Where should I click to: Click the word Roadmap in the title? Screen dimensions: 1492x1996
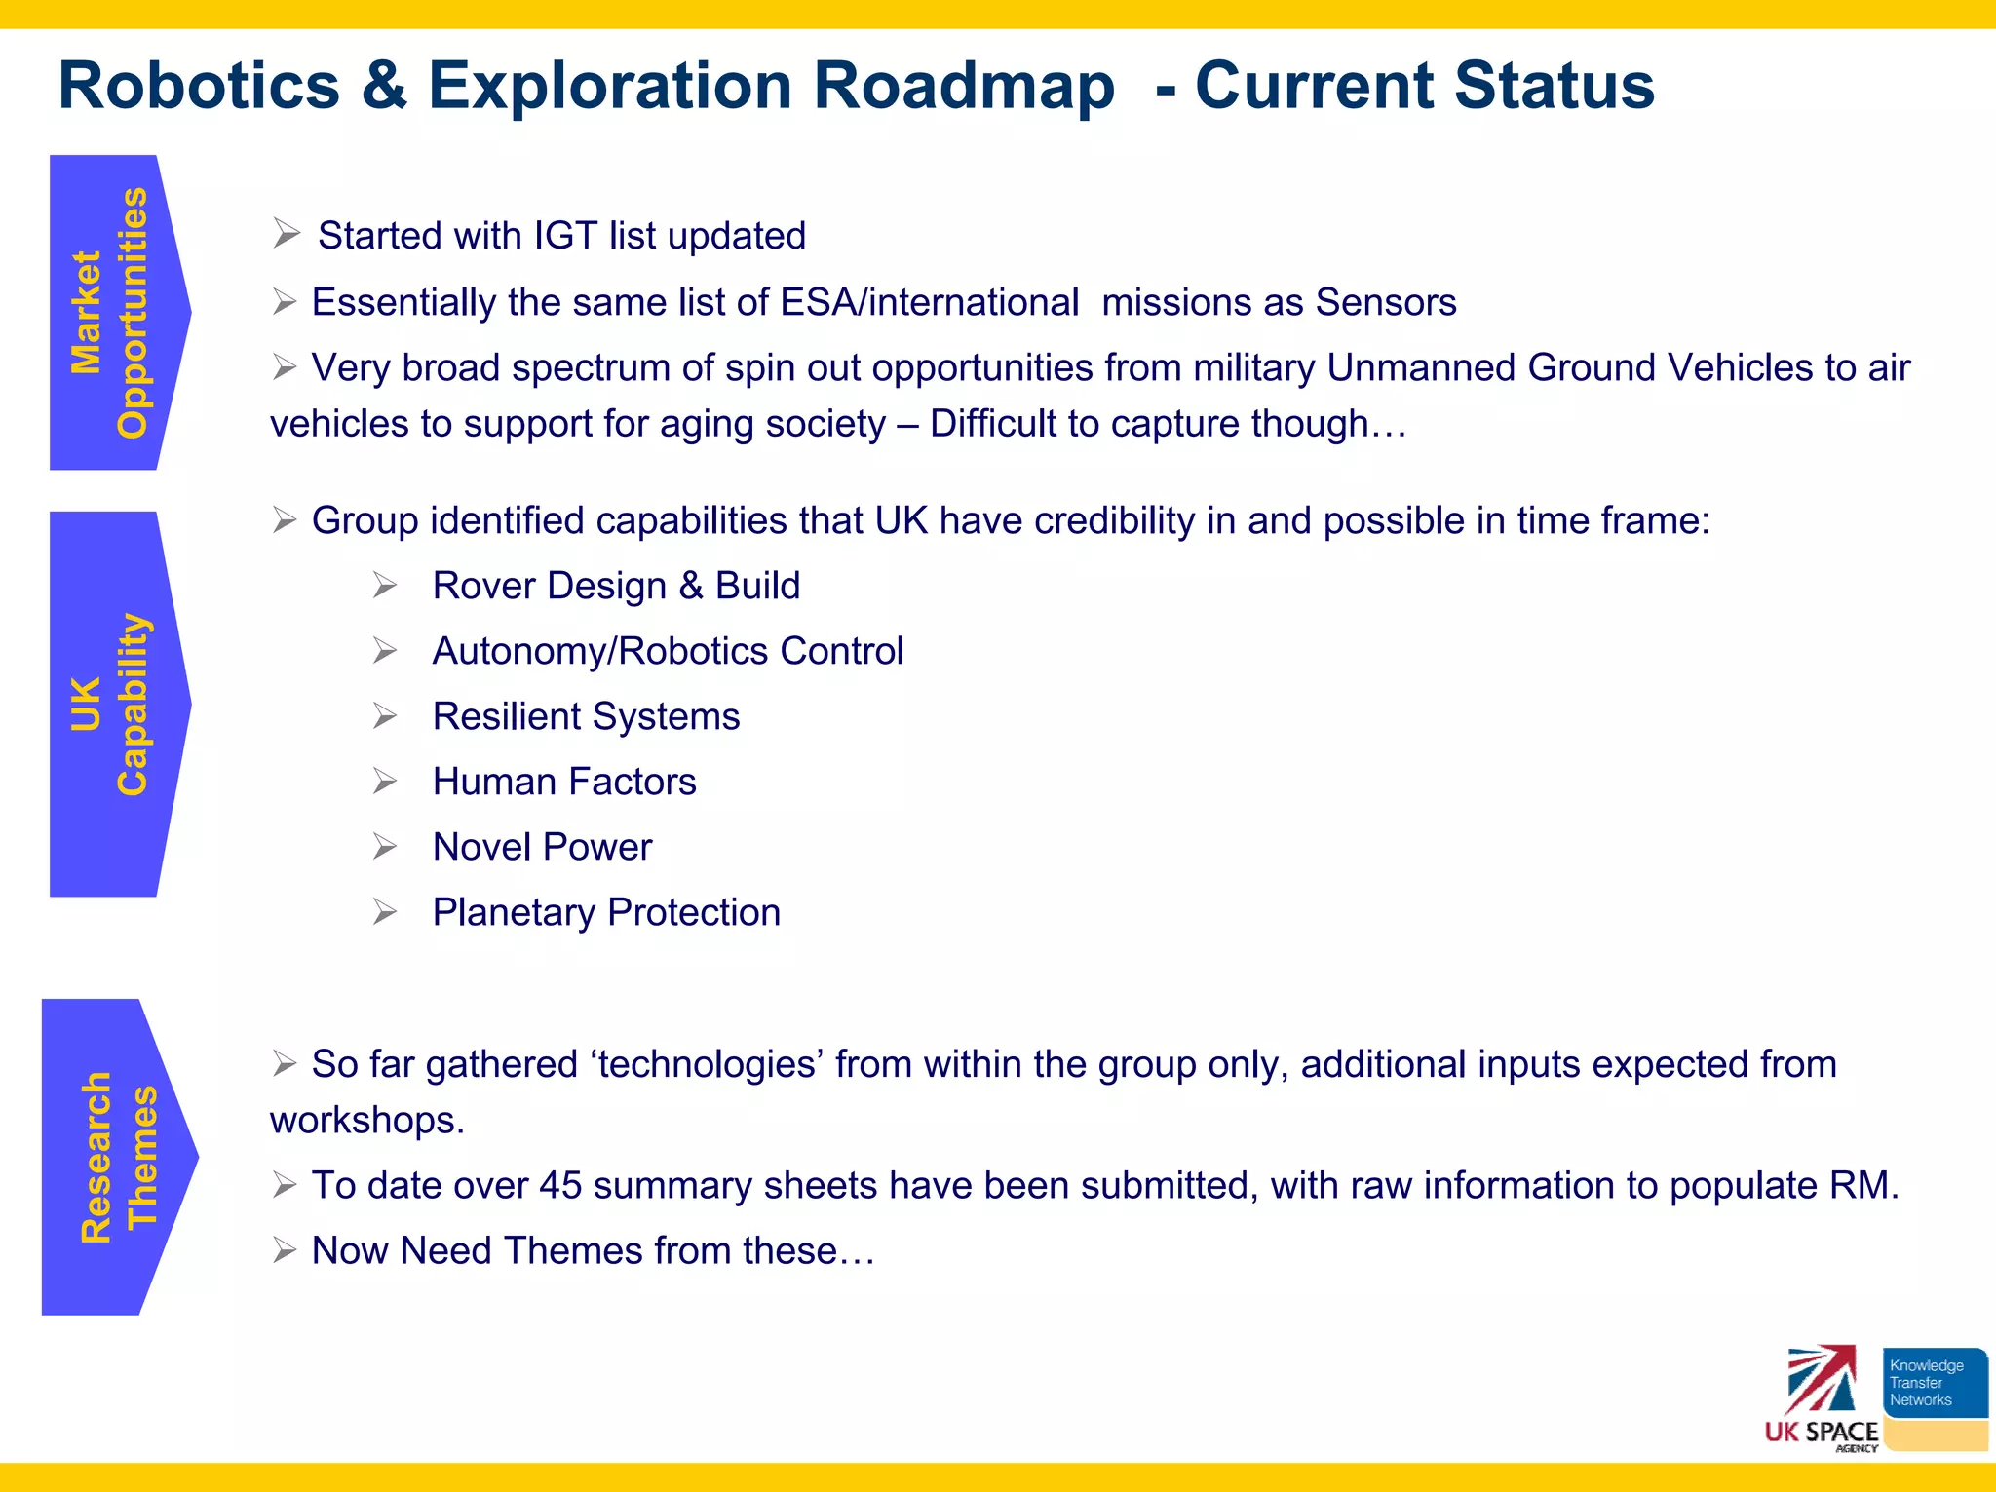pos(963,86)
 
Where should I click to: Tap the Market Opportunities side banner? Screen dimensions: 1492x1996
pos(112,312)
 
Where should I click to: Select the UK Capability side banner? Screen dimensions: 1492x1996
pos(112,704)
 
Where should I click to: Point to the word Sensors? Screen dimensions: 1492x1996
pos(1385,302)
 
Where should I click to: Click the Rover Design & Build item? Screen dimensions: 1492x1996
pos(616,586)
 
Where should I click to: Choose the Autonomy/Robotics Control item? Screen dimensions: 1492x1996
pos(668,651)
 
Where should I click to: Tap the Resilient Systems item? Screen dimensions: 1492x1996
pos(586,716)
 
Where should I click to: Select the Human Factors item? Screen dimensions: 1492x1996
pos(564,782)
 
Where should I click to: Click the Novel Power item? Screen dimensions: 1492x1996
pos(542,847)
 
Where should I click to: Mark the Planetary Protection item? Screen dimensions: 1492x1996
pos(606,912)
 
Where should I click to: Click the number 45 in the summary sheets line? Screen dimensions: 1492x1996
pos(560,1186)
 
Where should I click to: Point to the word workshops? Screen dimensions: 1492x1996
pos(365,1121)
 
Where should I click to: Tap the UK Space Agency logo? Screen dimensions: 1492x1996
pos(1821,1398)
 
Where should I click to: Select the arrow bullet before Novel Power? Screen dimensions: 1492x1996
pos(385,847)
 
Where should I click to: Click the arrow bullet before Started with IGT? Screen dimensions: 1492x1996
pos(286,234)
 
